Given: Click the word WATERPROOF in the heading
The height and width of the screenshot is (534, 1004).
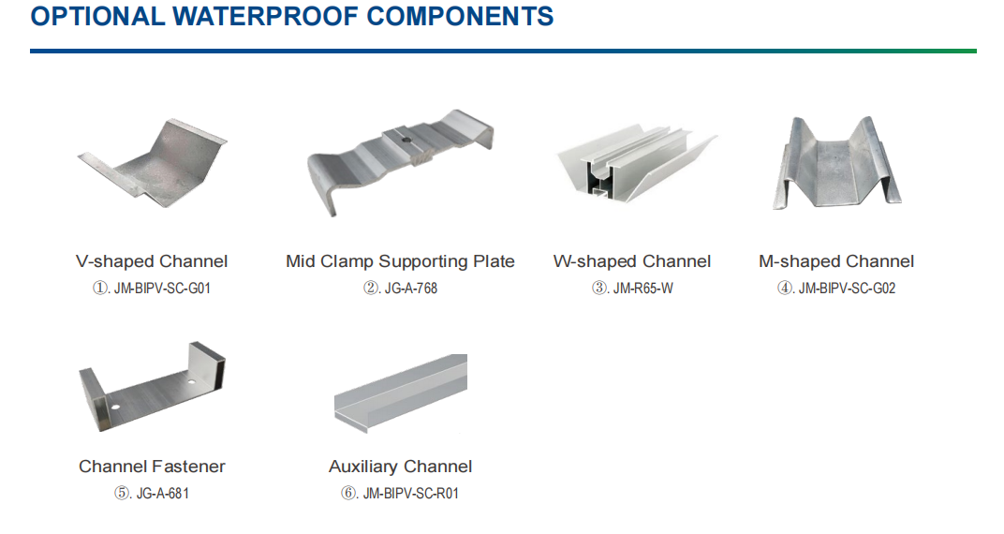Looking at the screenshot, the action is pos(266,16).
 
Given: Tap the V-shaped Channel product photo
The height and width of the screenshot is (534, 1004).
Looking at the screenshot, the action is pos(153,163).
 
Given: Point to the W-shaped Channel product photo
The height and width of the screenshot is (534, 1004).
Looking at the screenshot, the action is pos(637,163).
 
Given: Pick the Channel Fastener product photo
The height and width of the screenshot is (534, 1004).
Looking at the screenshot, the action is pos(152,387).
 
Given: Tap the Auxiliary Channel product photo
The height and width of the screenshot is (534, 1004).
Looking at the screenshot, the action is pos(400,393).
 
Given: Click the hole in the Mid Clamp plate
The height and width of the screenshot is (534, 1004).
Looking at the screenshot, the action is pos(406,138).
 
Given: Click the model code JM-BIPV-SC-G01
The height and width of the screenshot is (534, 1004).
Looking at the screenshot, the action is pos(162,289).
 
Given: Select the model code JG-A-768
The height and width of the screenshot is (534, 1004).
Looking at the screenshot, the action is pos(410,289).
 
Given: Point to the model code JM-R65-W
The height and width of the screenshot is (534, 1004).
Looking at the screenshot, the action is pos(642,289).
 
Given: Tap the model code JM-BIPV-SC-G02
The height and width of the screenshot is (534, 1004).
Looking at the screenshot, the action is pos(847,289).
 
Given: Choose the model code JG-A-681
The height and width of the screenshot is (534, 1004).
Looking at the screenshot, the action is pos(163,494).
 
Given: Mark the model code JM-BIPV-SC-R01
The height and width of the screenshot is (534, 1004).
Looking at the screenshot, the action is pos(410,494).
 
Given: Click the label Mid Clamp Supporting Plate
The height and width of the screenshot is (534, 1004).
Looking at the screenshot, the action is pos(400,261).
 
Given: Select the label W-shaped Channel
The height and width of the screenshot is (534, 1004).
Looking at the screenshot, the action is pos(632,261).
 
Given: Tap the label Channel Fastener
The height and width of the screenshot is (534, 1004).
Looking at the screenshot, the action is pos(152,467).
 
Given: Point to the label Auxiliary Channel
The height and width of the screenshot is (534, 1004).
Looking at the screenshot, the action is pos(400,467).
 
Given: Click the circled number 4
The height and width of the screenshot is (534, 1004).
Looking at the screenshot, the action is pos(785,289).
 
